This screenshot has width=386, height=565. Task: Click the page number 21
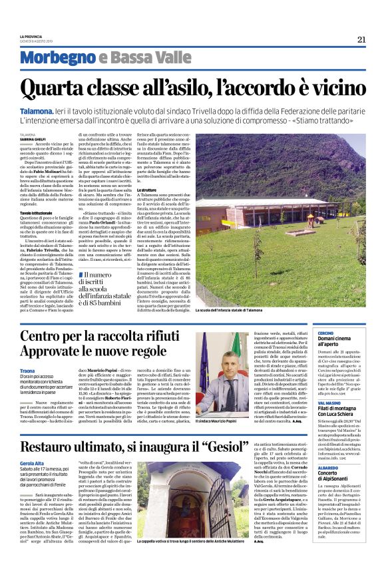click(x=361, y=39)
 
